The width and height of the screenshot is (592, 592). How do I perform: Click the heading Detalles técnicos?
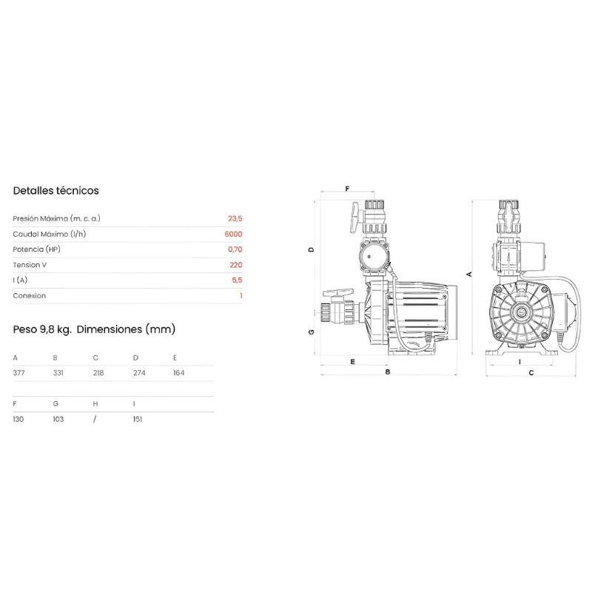(56, 191)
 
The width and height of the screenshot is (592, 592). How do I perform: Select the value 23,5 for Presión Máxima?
(235, 218)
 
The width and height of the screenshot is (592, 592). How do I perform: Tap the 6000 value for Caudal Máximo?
(233, 234)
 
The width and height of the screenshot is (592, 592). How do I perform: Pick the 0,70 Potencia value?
(235, 249)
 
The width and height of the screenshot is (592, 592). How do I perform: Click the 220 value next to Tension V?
(236, 265)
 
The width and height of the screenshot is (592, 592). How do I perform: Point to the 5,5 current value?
(237, 280)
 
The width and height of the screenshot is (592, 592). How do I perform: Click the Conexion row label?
(29, 295)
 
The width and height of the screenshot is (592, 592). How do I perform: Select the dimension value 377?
(19, 373)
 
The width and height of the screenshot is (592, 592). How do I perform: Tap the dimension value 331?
(58, 373)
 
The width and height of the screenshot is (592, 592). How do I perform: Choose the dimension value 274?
(139, 373)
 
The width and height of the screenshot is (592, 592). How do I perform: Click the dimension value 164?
(178, 373)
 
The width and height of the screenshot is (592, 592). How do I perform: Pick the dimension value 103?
(58, 419)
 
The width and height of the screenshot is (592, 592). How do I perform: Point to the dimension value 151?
(138, 419)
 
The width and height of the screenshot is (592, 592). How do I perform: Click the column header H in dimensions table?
(95, 404)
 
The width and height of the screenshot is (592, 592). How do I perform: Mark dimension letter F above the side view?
(347, 189)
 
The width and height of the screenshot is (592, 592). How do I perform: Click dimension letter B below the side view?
(388, 372)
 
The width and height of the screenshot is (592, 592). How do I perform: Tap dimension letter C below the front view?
(531, 373)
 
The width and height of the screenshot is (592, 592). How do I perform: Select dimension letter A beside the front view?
(470, 274)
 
